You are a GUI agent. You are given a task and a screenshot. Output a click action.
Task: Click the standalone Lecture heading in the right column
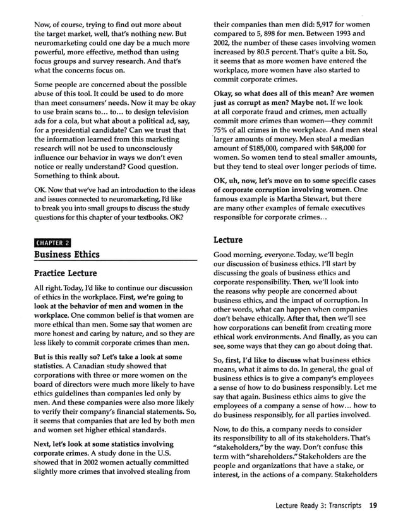[x=227, y=240]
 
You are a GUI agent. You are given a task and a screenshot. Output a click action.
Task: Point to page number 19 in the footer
[x=373, y=505]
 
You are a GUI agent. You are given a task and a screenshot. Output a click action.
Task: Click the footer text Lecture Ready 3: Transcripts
[x=318, y=505]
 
